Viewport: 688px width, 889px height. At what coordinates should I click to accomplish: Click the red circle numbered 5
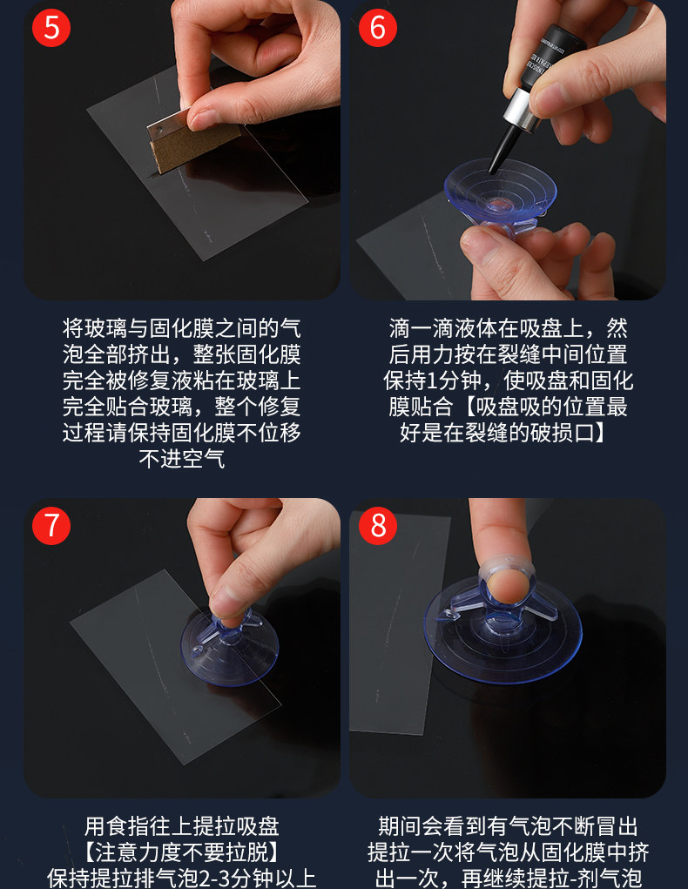point(51,28)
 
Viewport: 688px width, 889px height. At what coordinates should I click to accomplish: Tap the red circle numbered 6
point(378,28)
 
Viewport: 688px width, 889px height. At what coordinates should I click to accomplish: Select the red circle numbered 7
point(51,526)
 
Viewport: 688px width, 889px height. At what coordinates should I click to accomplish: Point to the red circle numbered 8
point(378,526)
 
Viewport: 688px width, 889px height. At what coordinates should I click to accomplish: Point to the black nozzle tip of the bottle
point(503,148)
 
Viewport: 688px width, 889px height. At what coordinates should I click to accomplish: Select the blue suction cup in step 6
point(499,196)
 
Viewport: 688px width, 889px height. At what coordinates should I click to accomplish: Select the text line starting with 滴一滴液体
point(509,328)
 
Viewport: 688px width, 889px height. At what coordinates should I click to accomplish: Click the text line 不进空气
point(181,459)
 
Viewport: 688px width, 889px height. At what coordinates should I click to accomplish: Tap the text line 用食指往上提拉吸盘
point(181,826)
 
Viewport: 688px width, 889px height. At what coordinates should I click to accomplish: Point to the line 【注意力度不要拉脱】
point(181,852)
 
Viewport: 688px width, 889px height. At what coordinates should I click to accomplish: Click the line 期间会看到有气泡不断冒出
point(509,826)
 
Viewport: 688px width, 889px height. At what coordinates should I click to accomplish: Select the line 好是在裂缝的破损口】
point(503,433)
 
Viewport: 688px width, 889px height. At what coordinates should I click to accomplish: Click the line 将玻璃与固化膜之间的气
point(181,328)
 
